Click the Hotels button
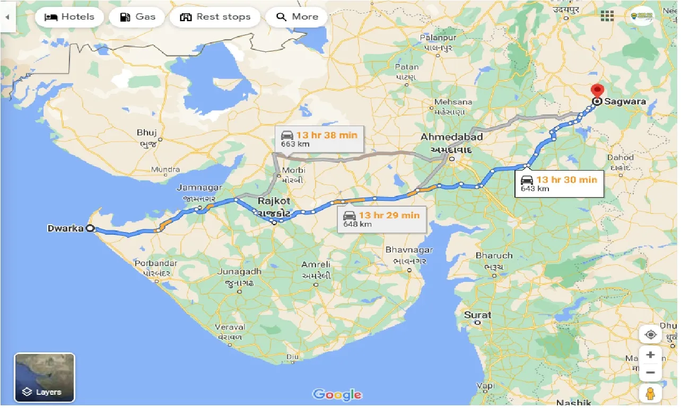[69, 17]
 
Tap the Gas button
[138, 17]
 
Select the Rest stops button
[214, 17]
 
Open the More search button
[296, 17]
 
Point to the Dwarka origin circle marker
[90, 228]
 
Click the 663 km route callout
[320, 139]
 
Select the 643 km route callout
[559, 183]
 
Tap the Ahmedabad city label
[451, 137]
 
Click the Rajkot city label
[274, 201]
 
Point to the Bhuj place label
[147, 132]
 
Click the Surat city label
[477, 315]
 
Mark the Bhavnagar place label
[409, 250]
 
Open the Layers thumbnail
[45, 377]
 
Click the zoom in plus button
[650, 355]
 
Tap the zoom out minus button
[650, 372]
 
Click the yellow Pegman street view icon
[650, 394]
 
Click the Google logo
[337, 394]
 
